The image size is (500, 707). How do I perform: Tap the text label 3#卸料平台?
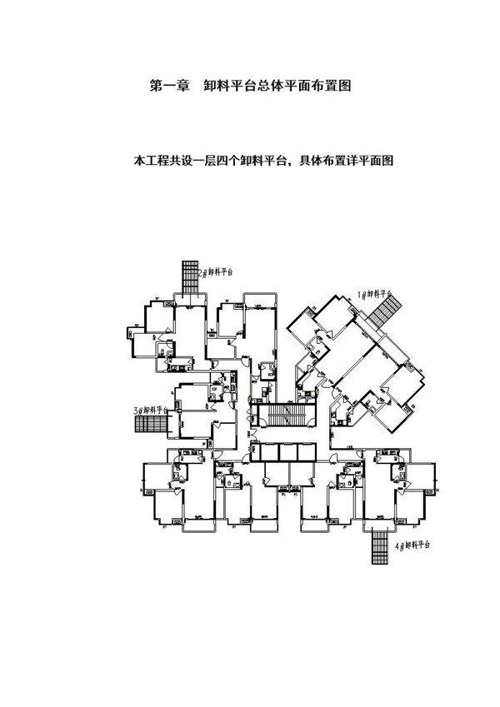coord(151,410)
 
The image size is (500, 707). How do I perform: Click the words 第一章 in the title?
coord(167,86)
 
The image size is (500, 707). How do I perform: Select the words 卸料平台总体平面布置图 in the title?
coord(276,86)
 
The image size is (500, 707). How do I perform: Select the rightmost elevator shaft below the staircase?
coord(306,451)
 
